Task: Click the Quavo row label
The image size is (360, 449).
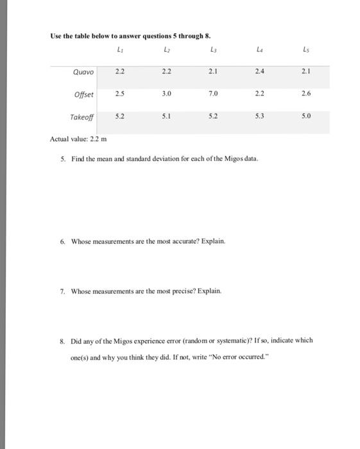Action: tap(84, 72)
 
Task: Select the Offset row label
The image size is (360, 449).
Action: tap(84, 94)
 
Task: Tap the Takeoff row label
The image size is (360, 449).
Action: tap(81, 117)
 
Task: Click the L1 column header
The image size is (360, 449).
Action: tap(120, 49)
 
